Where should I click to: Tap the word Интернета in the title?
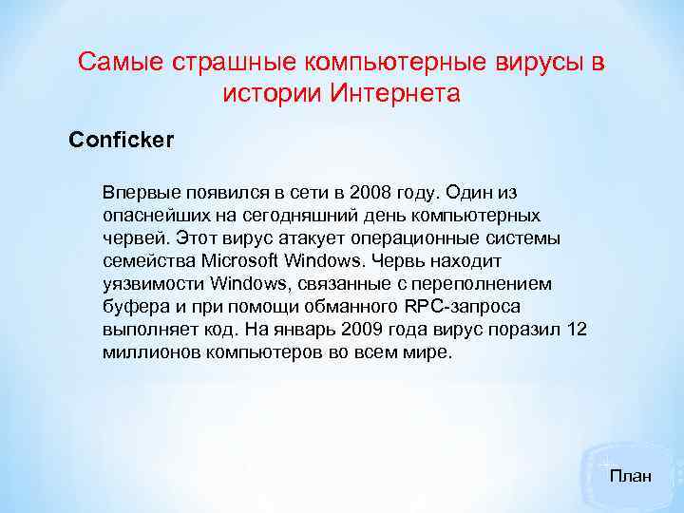(393, 94)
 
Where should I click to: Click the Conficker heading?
(122, 141)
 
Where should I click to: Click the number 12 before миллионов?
(576, 329)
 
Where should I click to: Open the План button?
(630, 475)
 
